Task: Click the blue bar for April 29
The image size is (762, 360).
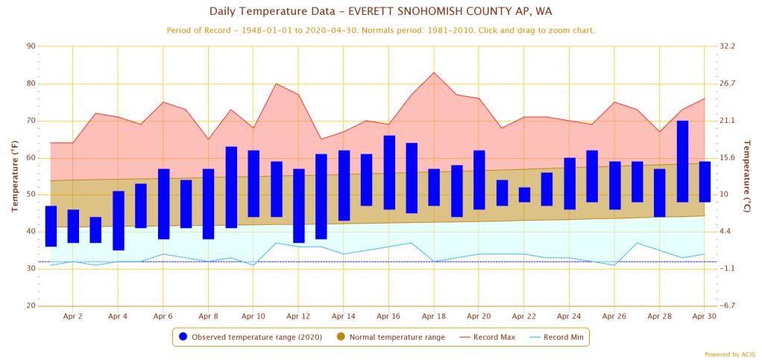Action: [x=682, y=161]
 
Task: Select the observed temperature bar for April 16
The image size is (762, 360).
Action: [x=389, y=172]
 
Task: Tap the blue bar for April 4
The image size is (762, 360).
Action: [x=119, y=221]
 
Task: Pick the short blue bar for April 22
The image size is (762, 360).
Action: [x=524, y=195]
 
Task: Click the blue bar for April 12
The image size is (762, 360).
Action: [x=299, y=206]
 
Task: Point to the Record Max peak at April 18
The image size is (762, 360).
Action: [x=434, y=72]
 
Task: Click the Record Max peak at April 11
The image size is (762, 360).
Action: [x=276, y=83]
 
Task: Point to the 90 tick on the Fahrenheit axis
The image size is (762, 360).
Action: [x=31, y=46]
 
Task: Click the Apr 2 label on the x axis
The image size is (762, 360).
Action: [x=73, y=316]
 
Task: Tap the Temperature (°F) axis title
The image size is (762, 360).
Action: [x=14, y=176]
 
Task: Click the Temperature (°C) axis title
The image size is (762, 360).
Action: [x=747, y=176]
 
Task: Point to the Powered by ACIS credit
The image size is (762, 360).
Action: [x=730, y=354]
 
